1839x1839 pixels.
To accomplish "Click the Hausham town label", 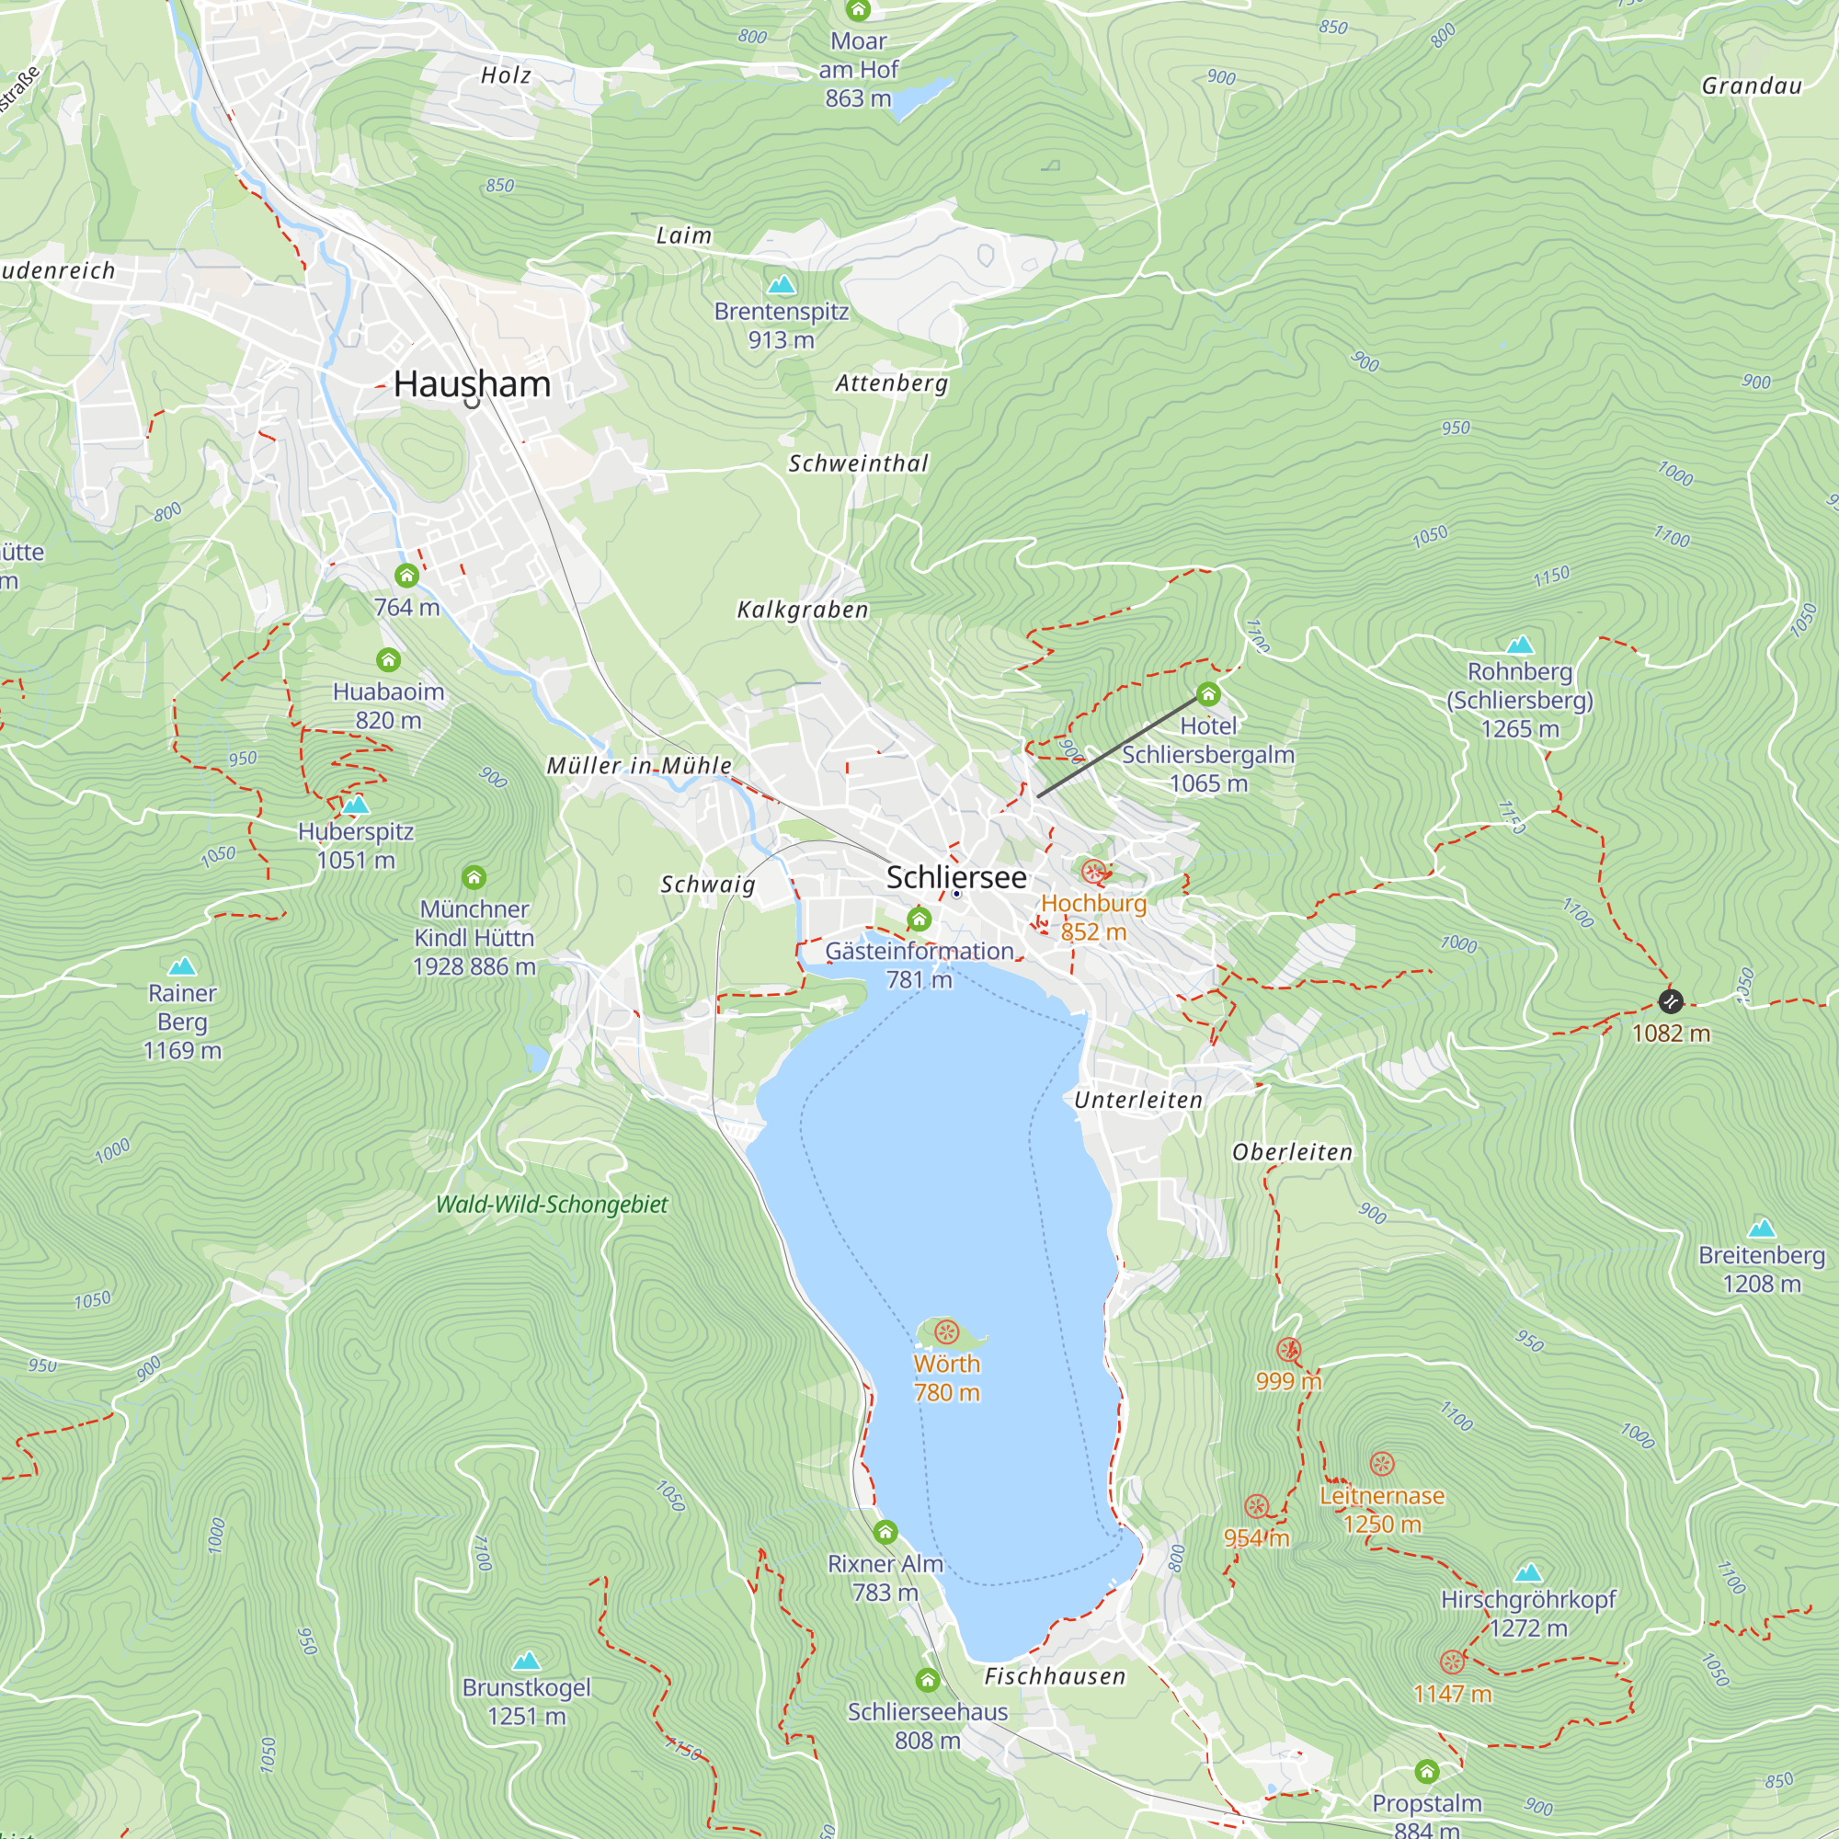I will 472,383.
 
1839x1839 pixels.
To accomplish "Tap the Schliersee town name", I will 955,876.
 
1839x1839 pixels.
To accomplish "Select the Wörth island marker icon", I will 946,1331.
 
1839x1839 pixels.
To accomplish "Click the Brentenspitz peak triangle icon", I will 782,283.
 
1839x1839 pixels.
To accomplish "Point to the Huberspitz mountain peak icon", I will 356,805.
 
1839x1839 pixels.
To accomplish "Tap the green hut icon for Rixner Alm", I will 885,1532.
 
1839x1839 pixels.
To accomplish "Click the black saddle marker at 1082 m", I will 1671,1001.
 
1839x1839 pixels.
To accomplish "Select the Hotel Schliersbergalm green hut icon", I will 1208,693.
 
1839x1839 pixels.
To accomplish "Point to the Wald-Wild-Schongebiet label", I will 552,1205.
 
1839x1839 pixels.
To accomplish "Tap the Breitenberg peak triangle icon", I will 1762,1227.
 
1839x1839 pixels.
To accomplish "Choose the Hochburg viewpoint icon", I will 1093,871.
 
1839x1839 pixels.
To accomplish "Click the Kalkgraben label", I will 803,611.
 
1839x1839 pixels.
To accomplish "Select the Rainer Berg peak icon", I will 182,966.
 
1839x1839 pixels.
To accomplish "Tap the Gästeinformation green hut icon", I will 919,919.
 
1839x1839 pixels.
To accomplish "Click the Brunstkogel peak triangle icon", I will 526,1661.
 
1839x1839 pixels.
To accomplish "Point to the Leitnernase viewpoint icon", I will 1382,1464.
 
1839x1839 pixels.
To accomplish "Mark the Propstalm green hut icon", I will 1426,1772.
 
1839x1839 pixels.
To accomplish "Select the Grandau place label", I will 1752,86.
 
